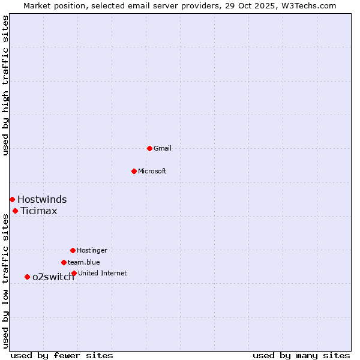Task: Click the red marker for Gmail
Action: click(149, 148)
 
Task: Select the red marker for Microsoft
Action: click(134, 171)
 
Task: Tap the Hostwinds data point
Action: click(12, 199)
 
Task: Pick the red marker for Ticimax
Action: click(15, 211)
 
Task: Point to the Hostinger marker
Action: click(73, 250)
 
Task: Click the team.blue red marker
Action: click(64, 262)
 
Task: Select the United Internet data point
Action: click(74, 273)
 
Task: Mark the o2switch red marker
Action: click(27, 277)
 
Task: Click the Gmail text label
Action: click(163, 148)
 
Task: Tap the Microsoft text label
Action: click(152, 171)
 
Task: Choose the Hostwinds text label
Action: click(42, 200)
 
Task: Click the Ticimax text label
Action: click(39, 211)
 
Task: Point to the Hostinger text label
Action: click(92, 250)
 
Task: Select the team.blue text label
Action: click(83, 262)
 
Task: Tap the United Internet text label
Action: click(102, 273)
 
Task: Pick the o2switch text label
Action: click(53, 277)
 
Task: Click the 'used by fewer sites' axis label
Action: click(62, 355)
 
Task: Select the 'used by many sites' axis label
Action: click(301, 355)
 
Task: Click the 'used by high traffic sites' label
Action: click(5, 85)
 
